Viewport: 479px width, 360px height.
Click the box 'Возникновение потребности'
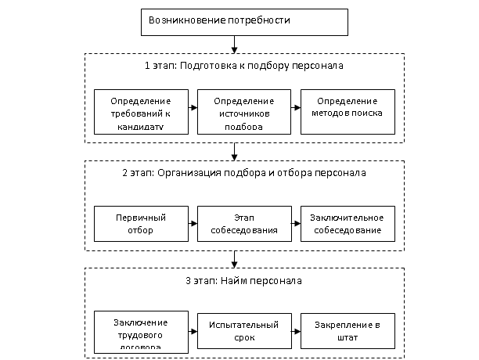coord(244,21)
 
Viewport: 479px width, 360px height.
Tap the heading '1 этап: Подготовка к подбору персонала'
coord(244,67)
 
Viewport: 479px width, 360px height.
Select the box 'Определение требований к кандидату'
coord(141,112)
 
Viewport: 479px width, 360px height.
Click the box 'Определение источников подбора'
coord(244,112)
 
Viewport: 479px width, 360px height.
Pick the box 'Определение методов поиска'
coord(348,112)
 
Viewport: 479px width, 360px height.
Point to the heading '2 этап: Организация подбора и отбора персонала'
coord(244,173)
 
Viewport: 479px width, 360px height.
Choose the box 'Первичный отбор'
coord(141,224)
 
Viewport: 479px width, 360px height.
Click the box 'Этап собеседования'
coord(244,224)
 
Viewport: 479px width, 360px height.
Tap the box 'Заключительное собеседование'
coord(348,224)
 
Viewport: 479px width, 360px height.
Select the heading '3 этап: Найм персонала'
coord(244,280)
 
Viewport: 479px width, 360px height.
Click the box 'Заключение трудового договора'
coord(141,332)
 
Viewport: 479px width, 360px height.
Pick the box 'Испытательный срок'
coord(244,332)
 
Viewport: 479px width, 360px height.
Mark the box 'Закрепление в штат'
coord(348,332)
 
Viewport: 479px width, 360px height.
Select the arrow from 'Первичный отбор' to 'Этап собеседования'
coord(193,224)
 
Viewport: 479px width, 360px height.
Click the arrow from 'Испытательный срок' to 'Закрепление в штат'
coord(296,332)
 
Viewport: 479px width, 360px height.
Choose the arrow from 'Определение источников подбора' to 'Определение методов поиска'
coord(296,112)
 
